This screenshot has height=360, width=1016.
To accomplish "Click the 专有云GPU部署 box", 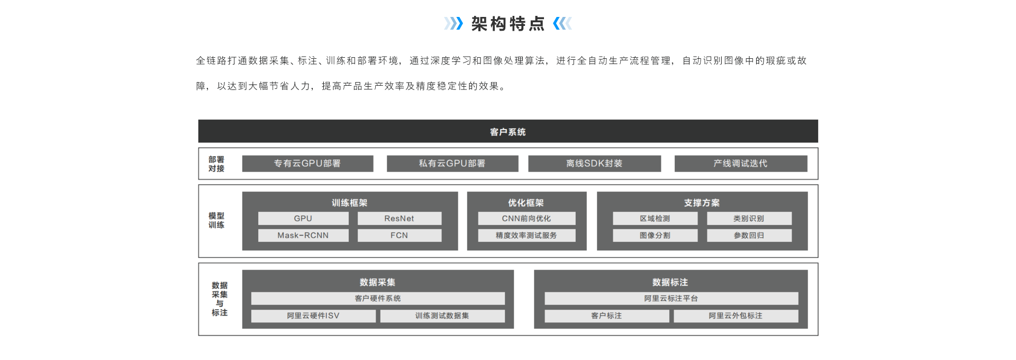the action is tap(307, 164).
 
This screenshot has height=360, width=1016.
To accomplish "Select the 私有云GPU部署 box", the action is tap(452, 164).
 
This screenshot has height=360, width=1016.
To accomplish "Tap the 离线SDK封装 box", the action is tap(594, 164).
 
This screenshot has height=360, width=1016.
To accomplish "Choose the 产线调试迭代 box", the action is tap(741, 164).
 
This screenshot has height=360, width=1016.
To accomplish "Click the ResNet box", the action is tap(400, 219).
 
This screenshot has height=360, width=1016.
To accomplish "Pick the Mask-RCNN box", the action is tap(303, 236).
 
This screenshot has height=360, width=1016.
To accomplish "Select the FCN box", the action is tap(400, 236).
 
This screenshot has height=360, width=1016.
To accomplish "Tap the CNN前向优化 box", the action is tap(527, 219).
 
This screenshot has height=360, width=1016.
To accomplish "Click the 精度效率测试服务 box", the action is tap(527, 236).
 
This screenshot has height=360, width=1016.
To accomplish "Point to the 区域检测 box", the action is tap(655, 219).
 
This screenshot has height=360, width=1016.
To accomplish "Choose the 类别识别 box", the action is tap(749, 219).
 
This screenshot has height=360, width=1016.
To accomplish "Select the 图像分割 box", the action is tap(655, 236).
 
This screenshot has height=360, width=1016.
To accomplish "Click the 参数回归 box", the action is tap(749, 236).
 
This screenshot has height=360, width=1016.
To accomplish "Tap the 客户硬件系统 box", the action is tap(378, 299).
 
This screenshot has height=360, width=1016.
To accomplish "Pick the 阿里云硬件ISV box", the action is tap(313, 316).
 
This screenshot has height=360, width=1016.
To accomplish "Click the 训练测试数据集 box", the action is tap(442, 316).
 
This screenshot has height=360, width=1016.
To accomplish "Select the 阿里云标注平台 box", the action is tap(672, 299).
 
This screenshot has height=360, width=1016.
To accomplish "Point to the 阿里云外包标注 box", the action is tap(736, 316).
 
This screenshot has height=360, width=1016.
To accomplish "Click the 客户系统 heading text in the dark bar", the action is tap(508, 132).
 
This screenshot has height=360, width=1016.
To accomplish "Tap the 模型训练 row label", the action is tap(216, 220).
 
